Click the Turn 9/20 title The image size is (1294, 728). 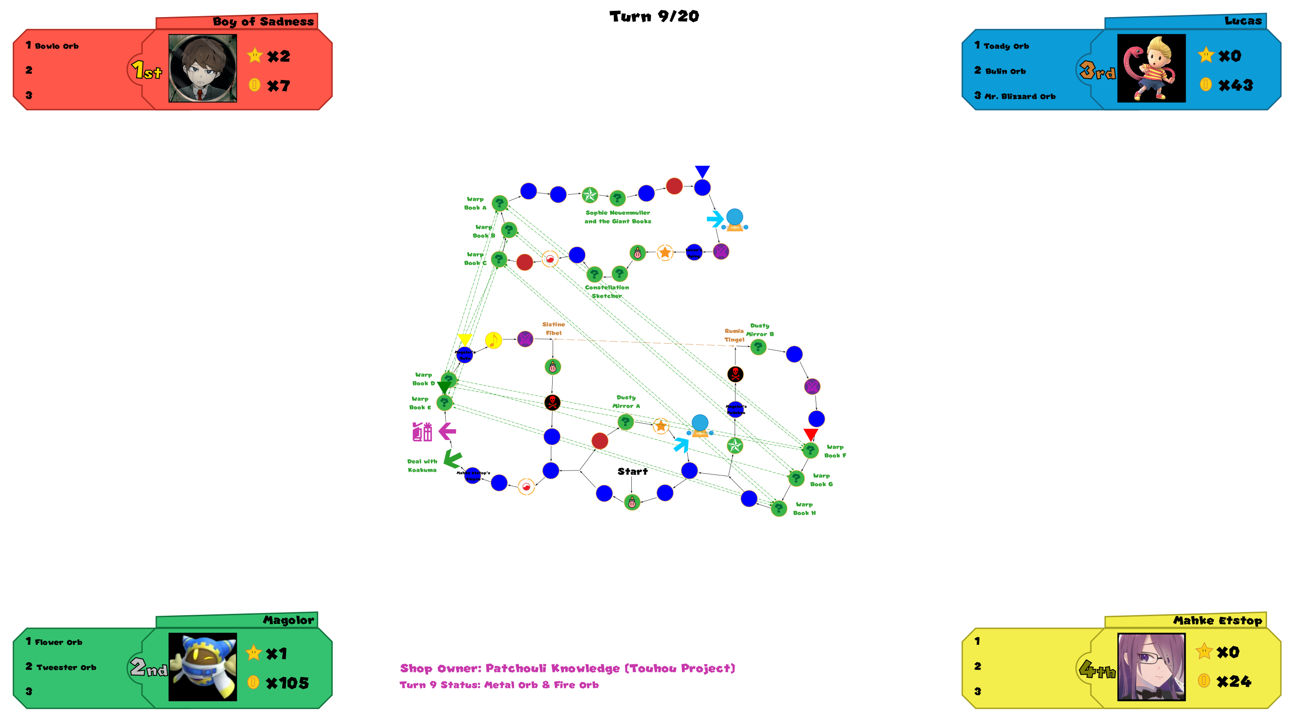click(x=654, y=17)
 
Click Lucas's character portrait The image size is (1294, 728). click(x=1151, y=68)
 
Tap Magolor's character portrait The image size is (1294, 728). click(x=203, y=667)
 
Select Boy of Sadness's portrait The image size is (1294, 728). click(x=203, y=68)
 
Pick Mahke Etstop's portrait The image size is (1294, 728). click(x=1151, y=667)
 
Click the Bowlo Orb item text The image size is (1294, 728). click(x=56, y=46)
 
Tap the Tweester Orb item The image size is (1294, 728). click(x=66, y=667)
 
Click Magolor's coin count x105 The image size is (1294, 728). click(x=287, y=683)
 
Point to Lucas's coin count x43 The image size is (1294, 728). click(x=1235, y=85)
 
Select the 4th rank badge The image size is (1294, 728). click(x=1097, y=669)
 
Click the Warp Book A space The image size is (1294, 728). click(x=499, y=203)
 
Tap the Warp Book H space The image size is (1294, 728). click(x=779, y=508)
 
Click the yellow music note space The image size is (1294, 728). click(x=493, y=340)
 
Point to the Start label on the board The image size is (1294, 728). click(x=633, y=471)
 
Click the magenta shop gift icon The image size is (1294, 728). click(x=422, y=431)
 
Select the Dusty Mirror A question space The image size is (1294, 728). click(x=625, y=422)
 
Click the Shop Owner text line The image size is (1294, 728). click(x=567, y=668)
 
